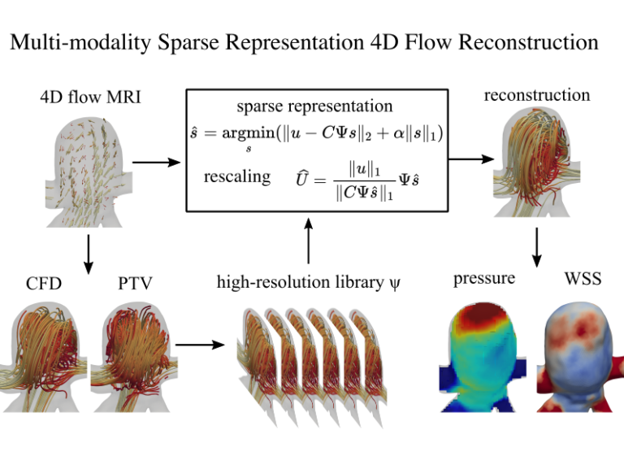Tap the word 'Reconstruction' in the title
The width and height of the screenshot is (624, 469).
pyautogui.click(x=527, y=42)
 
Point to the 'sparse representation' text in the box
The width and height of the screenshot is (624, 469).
pyautogui.click(x=314, y=106)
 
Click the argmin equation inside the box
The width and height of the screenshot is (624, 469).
pyautogui.click(x=315, y=134)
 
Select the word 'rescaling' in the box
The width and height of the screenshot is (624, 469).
pyautogui.click(x=236, y=176)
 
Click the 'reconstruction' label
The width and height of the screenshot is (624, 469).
pyautogui.click(x=537, y=95)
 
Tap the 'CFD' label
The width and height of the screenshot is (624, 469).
pyautogui.click(x=44, y=284)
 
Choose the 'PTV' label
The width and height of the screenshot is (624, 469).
pyautogui.click(x=135, y=284)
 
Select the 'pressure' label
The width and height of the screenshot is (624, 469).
pyautogui.click(x=484, y=279)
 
